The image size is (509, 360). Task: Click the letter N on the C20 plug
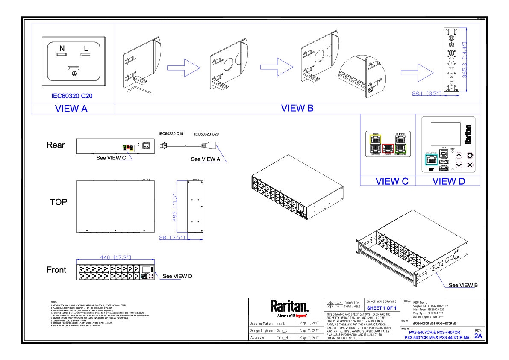(62, 48)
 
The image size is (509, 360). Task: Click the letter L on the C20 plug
(86, 48)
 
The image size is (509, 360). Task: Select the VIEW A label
(71, 109)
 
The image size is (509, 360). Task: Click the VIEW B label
(297, 108)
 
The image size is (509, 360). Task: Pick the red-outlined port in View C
(387, 149)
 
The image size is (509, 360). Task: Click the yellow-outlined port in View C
(375, 139)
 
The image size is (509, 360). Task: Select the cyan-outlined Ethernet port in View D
(431, 159)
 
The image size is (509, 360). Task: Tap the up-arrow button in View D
(459, 156)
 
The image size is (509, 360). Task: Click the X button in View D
(470, 165)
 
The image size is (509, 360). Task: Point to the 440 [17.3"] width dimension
(115, 257)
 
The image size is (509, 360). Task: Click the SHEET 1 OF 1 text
(382, 308)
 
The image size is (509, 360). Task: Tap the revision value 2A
(478, 336)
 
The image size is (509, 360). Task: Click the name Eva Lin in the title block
(282, 324)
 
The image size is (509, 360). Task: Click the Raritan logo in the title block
(289, 306)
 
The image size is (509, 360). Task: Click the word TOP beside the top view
(59, 202)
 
